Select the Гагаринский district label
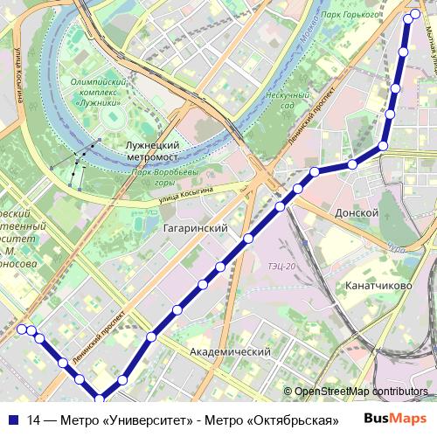pos(195,228)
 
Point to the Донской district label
pos(357,212)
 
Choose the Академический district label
pos(230,351)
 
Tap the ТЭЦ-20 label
pos(282,266)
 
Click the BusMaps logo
pos(396,420)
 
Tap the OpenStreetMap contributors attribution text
pos(360,392)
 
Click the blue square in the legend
pos(11,420)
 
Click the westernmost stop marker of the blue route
pos(22,329)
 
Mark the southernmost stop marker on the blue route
pos(100,399)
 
